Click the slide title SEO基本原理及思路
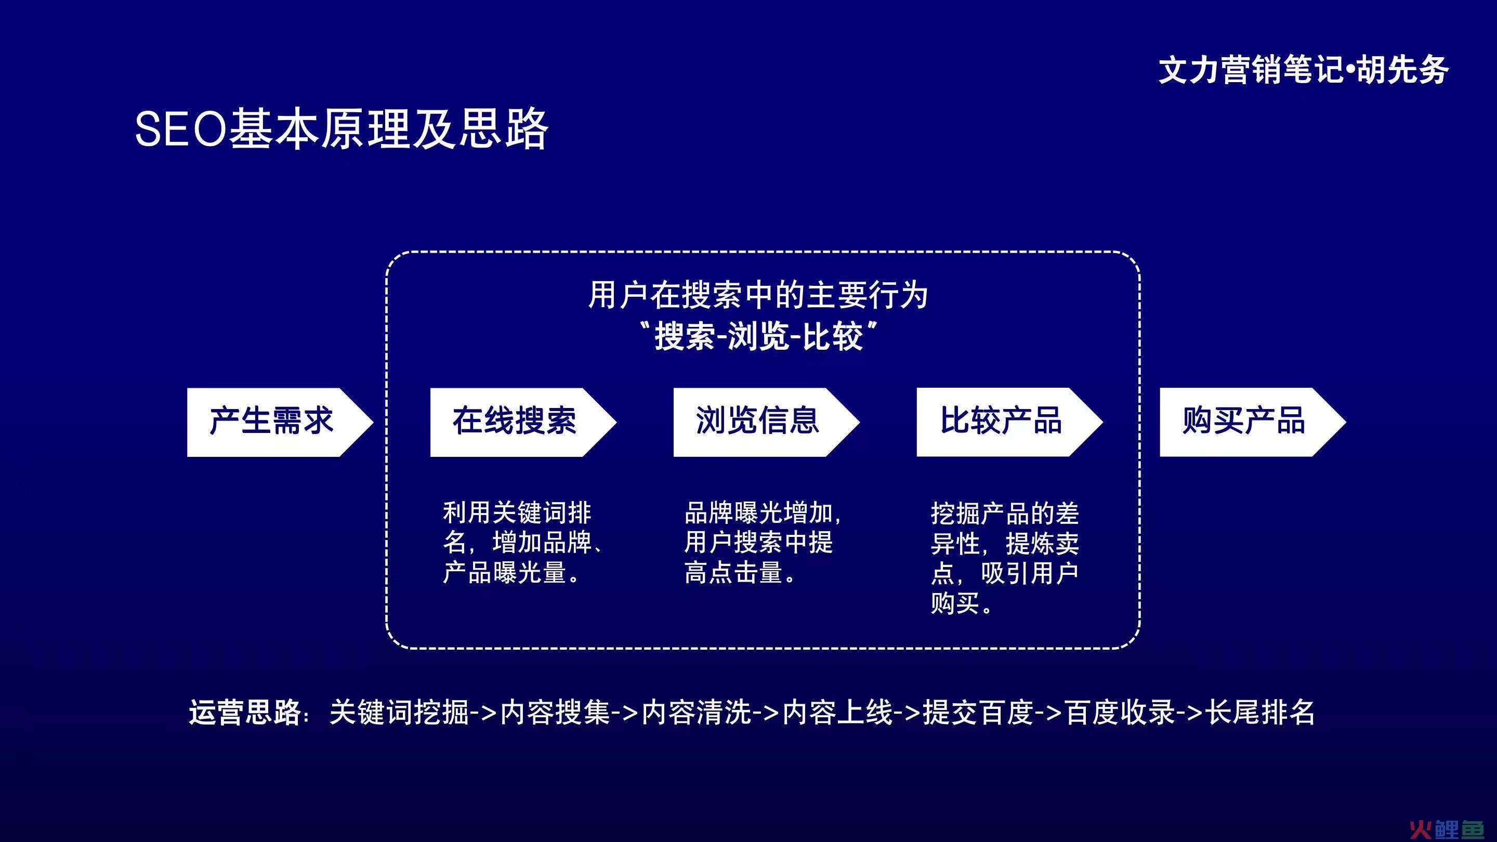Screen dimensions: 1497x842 pos(341,128)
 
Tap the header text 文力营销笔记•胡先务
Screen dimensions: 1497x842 pos(1304,70)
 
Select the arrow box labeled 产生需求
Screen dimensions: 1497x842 pos(280,422)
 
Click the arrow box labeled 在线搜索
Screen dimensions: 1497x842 pos(523,422)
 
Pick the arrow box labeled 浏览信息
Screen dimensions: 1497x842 pos(767,422)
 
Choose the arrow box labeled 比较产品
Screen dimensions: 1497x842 pos(1009,422)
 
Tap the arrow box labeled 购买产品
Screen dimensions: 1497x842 pos(1253,422)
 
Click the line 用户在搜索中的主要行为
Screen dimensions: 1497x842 pos(758,295)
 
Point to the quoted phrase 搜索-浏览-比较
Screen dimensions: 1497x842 pos(758,336)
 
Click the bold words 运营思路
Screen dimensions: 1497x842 pos(245,712)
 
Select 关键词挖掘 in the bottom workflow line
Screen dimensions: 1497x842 pos(399,712)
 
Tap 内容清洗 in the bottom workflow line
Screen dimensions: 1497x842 pos(696,712)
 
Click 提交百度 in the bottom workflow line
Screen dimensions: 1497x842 pos(979,712)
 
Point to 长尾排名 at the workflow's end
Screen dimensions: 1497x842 pos(1259,712)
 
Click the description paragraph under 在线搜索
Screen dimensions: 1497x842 pos(523,543)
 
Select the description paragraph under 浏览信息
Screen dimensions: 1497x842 pos(763,543)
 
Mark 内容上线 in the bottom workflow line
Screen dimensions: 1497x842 pos(837,712)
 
